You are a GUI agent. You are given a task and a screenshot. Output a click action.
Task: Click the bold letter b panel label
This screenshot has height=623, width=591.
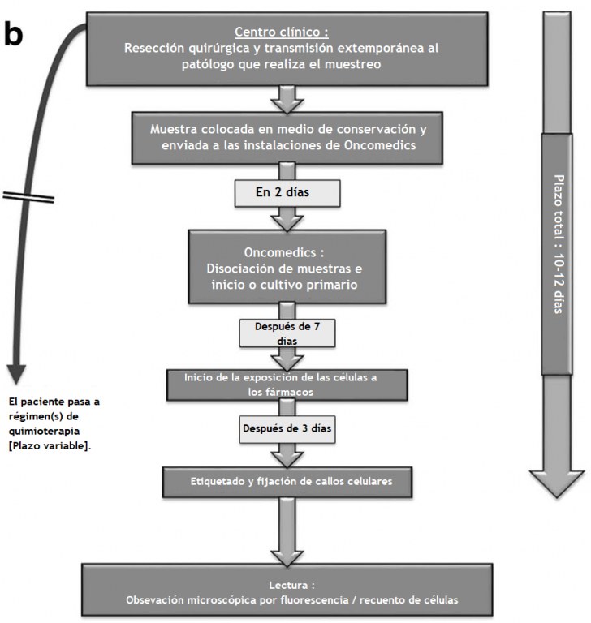point(14,33)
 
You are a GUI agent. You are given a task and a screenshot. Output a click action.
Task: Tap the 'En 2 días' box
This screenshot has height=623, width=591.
point(287,193)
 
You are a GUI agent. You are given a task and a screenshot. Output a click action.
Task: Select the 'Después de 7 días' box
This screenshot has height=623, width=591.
point(287,333)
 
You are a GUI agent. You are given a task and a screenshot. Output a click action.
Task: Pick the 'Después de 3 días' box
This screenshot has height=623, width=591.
point(287,429)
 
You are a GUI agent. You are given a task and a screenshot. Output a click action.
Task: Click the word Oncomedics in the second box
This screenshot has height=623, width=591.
point(380,145)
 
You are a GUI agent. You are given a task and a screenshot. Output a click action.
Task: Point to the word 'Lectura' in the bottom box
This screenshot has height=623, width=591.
point(288,585)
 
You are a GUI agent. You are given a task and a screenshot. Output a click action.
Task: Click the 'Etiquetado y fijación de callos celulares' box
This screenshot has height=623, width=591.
point(287,482)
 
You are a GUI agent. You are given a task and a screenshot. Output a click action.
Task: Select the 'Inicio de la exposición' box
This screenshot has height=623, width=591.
point(287,385)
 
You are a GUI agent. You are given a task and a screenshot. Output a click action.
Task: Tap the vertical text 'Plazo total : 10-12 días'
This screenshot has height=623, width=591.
point(559,244)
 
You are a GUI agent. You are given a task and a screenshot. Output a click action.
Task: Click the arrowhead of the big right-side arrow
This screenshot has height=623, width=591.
point(557,483)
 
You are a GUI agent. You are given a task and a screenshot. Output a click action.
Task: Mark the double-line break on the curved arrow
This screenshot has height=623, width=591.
point(28,197)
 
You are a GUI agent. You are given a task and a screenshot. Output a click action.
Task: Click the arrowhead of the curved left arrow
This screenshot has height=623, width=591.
point(16,373)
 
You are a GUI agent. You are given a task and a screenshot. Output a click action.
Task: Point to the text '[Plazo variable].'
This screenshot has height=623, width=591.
point(50,446)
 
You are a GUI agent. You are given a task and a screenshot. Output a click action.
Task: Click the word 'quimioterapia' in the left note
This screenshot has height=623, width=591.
point(44,432)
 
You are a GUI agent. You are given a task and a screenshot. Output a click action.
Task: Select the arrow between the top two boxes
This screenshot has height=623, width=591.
point(287,99)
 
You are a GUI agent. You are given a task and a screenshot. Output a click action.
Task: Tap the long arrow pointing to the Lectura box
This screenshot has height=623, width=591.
point(287,531)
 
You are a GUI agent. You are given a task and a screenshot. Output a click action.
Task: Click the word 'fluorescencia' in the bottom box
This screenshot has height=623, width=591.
point(313,600)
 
